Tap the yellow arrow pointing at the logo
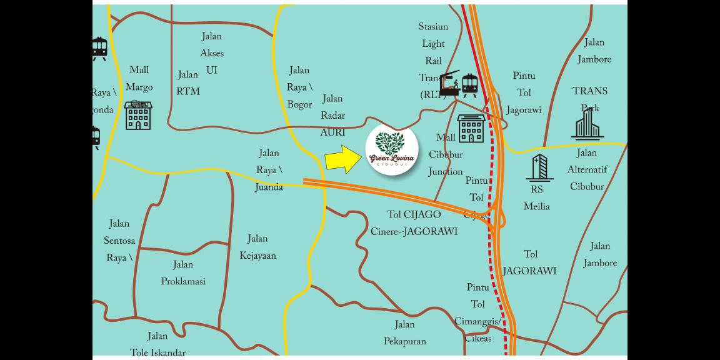342,159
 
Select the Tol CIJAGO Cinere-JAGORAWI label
422,223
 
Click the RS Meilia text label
536,198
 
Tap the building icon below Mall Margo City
138,116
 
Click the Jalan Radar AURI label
332,116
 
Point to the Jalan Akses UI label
212,54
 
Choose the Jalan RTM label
188,83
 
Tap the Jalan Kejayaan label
257,247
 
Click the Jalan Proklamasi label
183,273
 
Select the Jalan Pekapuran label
404,333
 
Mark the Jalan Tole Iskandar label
157,344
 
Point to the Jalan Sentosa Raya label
119,241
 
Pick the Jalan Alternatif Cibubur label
587,169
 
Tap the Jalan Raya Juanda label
268,169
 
